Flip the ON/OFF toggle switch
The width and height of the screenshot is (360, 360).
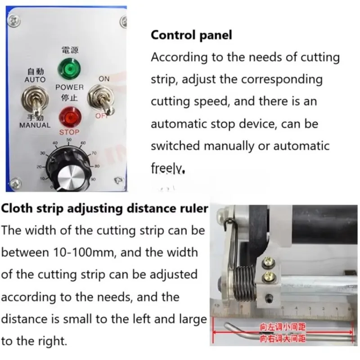point(103,100)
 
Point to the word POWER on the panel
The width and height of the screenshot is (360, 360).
point(69,87)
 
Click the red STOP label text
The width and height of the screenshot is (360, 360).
point(69,132)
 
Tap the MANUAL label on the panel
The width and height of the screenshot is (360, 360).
point(35,125)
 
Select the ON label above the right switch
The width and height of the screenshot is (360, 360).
point(104,79)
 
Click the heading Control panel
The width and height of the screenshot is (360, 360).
point(191,35)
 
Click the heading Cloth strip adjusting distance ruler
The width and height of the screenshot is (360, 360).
point(104,208)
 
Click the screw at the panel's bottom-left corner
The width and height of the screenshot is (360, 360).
point(16,182)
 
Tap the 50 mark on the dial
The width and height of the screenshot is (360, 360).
point(69,140)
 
